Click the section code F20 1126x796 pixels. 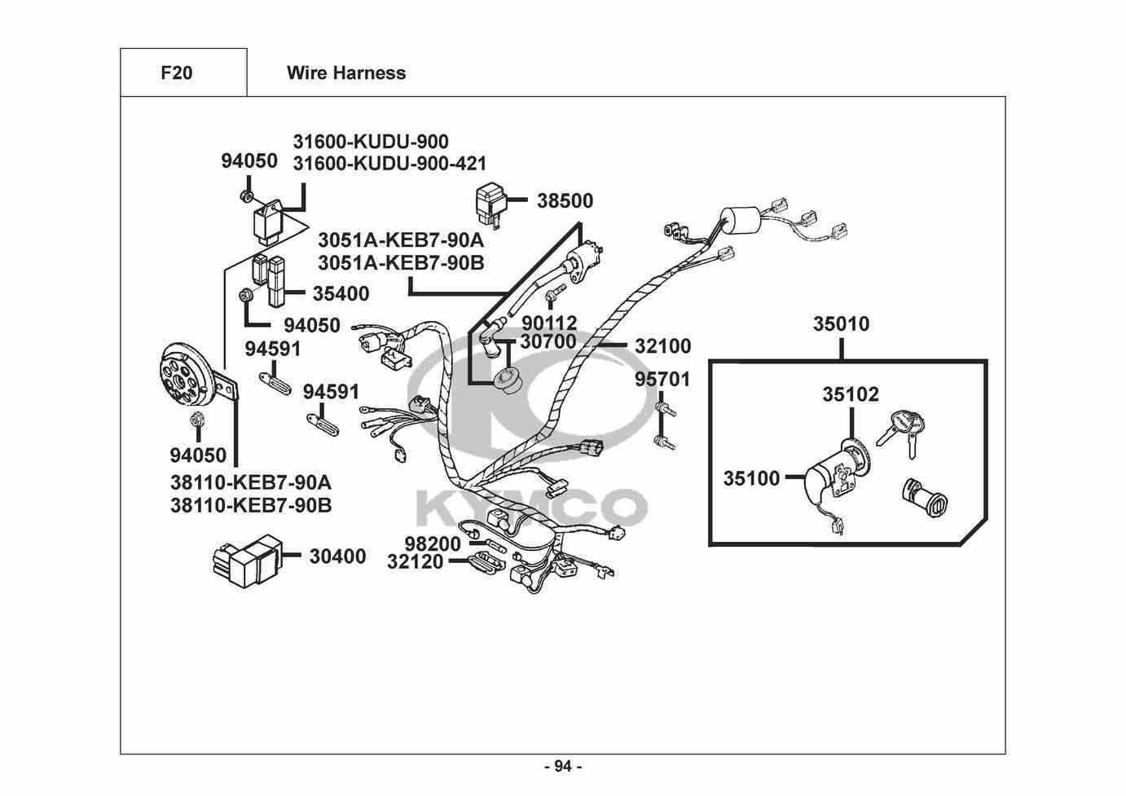[x=177, y=73]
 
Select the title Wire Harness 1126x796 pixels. [x=346, y=73]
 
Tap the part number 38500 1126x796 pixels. [x=565, y=201]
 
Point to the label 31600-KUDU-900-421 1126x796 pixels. [x=389, y=164]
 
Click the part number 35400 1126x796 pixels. [x=341, y=294]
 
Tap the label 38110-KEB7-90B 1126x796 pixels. [x=251, y=505]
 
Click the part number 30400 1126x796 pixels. [x=337, y=556]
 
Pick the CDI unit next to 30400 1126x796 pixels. [x=247, y=561]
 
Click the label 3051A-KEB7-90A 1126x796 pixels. [x=401, y=240]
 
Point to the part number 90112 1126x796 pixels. [x=549, y=323]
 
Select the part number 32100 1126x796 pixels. [x=662, y=346]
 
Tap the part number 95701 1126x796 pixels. [x=662, y=380]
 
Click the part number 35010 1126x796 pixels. [x=841, y=324]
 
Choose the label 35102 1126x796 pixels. [x=851, y=394]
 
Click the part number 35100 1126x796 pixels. [x=751, y=478]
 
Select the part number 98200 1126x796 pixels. [x=433, y=543]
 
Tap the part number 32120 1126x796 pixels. [x=416, y=562]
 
